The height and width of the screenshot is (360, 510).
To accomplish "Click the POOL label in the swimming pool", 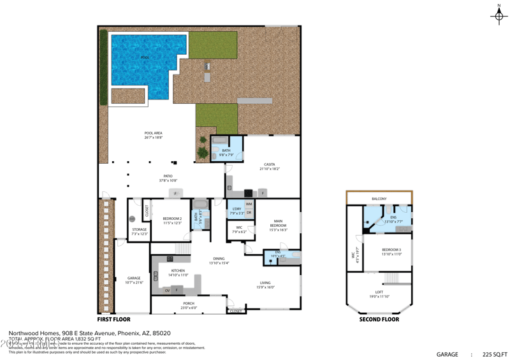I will [145, 57].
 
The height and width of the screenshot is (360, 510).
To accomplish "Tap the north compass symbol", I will [499, 16].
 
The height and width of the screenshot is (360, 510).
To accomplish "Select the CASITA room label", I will [269, 164].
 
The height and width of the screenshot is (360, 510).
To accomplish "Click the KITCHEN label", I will [178, 271].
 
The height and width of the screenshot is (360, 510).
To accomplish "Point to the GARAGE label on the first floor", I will [134, 278].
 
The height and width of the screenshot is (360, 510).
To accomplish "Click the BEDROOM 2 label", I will [172, 219].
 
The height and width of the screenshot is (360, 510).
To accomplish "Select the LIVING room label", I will [265, 282].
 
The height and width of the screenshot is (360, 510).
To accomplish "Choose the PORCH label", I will [189, 303].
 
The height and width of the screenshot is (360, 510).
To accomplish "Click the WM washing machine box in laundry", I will [249, 204].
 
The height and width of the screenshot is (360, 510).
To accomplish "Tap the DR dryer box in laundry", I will [249, 212].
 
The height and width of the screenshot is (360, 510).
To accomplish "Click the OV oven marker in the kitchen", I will [168, 291].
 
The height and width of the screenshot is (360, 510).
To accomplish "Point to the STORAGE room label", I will [139, 229].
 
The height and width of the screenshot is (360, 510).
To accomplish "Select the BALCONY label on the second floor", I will [379, 199].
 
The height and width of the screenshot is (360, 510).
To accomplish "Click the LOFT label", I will [379, 292].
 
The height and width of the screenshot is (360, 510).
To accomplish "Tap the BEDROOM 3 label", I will [391, 250].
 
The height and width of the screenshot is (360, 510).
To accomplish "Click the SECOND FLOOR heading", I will [379, 320].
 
